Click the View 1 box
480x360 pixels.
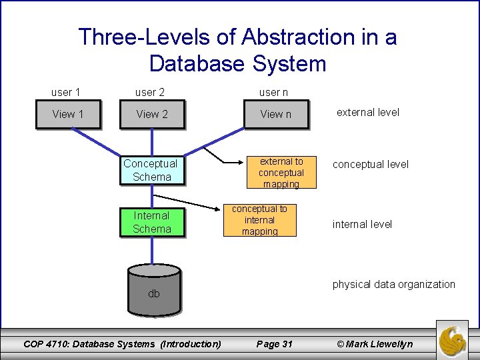[x=68, y=114]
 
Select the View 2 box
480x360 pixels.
[x=152, y=114]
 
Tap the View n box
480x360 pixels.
[x=275, y=114]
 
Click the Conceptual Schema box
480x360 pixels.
[x=151, y=170]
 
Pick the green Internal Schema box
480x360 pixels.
[x=151, y=222]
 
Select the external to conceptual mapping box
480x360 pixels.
[x=281, y=173]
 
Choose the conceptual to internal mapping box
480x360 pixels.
[x=259, y=220]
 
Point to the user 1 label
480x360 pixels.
[x=66, y=92]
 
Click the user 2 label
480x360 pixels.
[x=149, y=92]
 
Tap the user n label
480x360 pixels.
[x=273, y=92]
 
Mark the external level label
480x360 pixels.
[x=367, y=112]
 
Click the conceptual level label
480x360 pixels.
[x=370, y=164]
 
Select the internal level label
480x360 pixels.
[x=362, y=224]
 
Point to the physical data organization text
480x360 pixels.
[x=393, y=284]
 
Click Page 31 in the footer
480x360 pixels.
[x=274, y=344]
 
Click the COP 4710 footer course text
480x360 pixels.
[x=122, y=344]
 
